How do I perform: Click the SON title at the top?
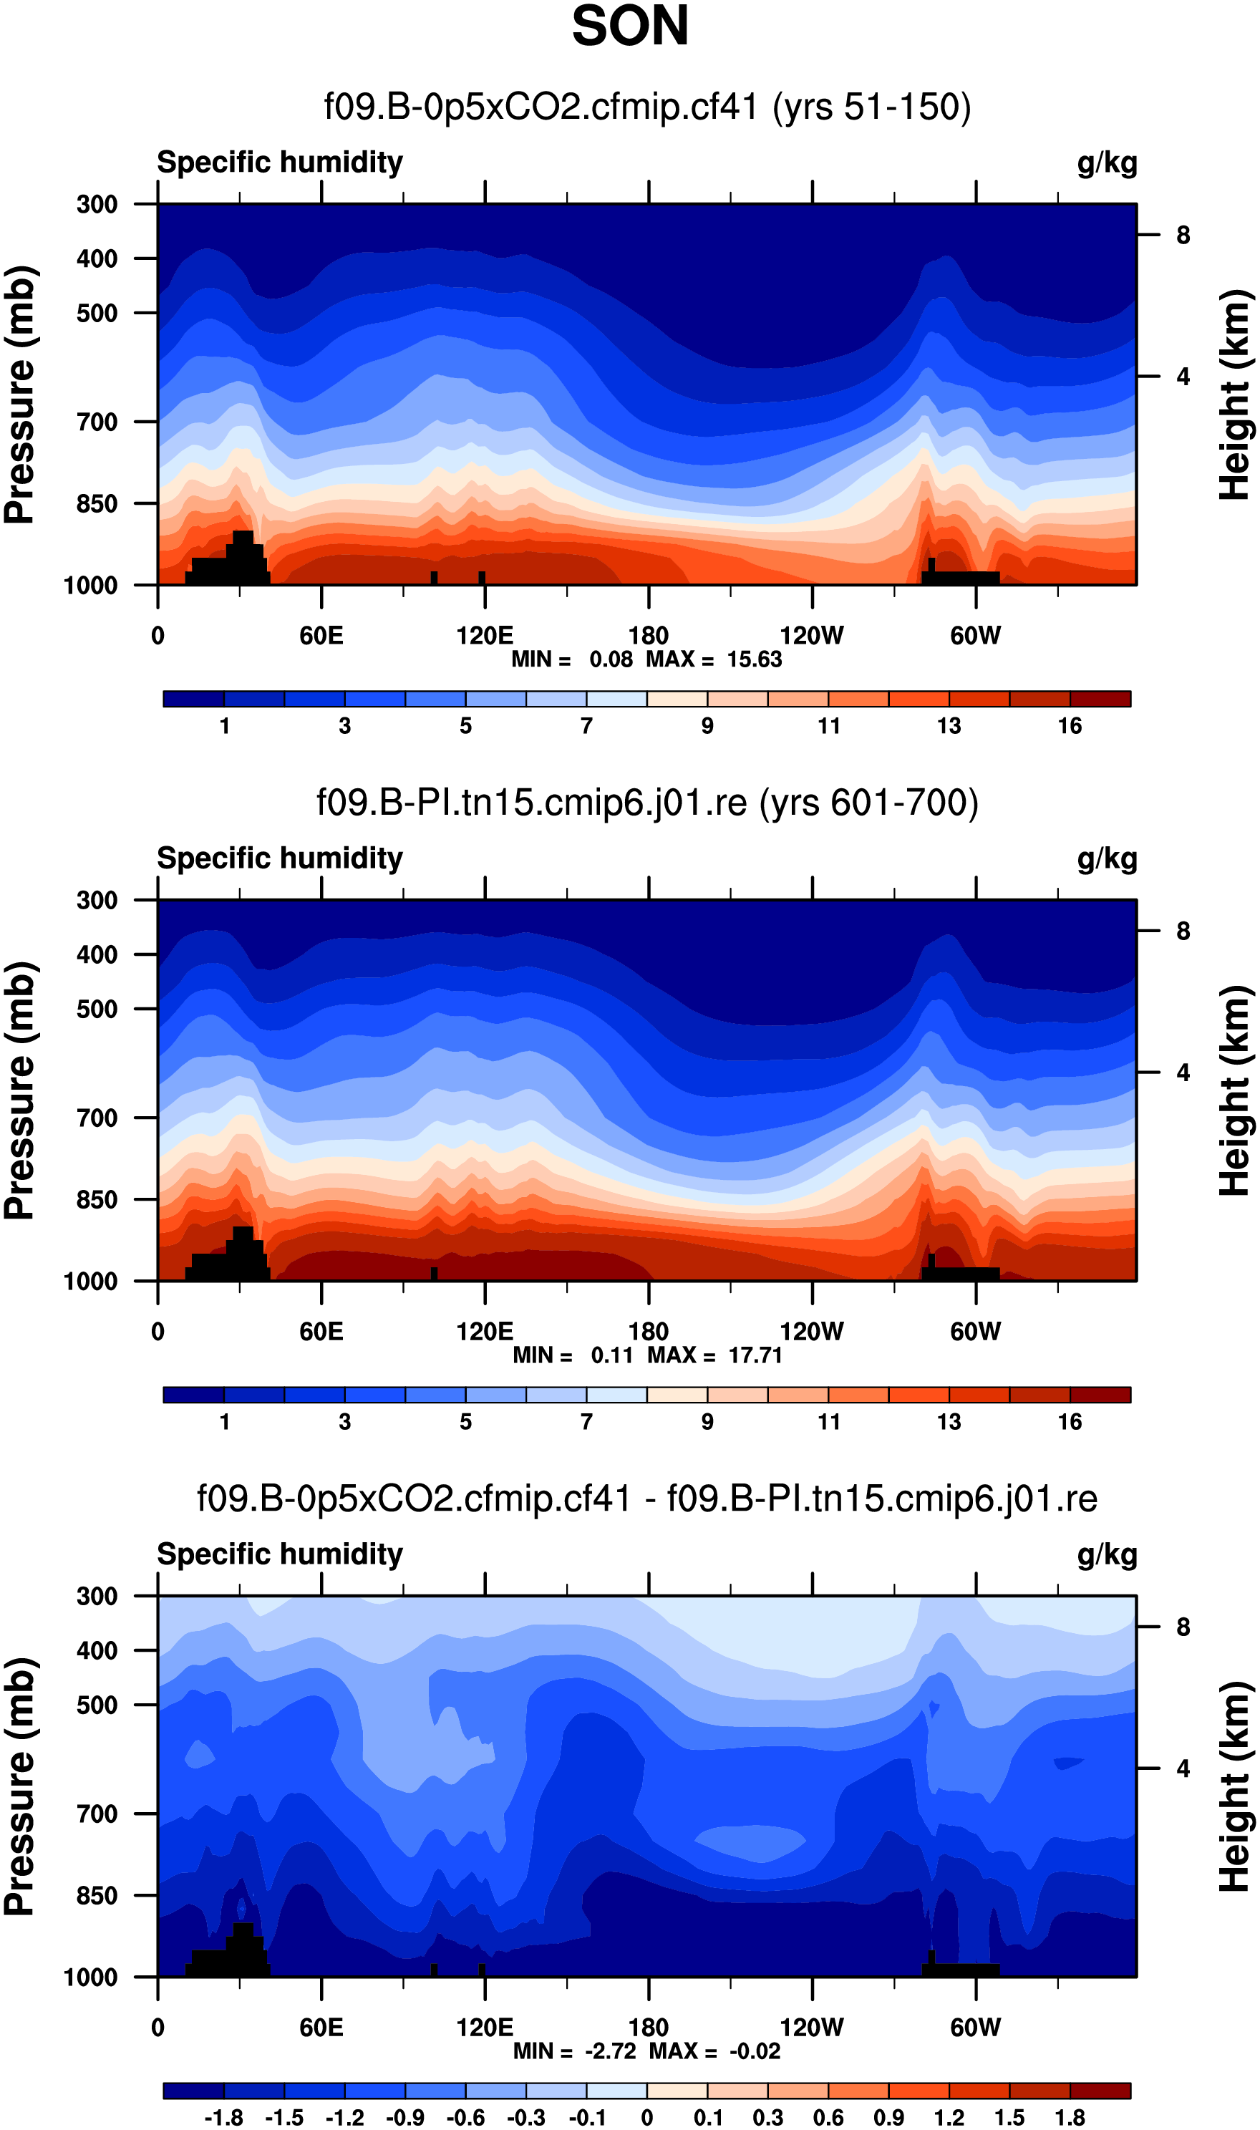pyautogui.click(x=630, y=26)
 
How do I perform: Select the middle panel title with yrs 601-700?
pyautogui.click(x=647, y=803)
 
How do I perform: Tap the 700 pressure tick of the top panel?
pyautogui.click(x=97, y=422)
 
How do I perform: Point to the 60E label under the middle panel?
pyautogui.click(x=321, y=1331)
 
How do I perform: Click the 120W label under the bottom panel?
pyautogui.click(x=812, y=2028)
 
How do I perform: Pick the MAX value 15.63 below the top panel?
pyautogui.click(x=754, y=659)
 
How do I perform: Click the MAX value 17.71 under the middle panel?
pyautogui.click(x=755, y=1355)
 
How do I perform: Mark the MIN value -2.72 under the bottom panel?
pyautogui.click(x=611, y=2051)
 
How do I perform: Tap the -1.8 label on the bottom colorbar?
pyautogui.click(x=223, y=2118)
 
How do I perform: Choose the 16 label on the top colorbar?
pyautogui.click(x=1070, y=726)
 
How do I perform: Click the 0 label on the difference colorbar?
pyautogui.click(x=647, y=2118)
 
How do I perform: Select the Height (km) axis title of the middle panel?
pyautogui.click(x=1236, y=1091)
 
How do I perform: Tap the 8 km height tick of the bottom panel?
pyautogui.click(x=1183, y=1627)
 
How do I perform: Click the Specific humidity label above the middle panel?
pyautogui.click(x=280, y=858)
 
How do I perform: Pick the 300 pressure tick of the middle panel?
pyautogui.click(x=97, y=900)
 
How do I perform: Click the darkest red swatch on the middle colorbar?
pyautogui.click(x=1100, y=1395)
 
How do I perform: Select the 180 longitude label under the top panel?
pyautogui.click(x=649, y=636)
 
